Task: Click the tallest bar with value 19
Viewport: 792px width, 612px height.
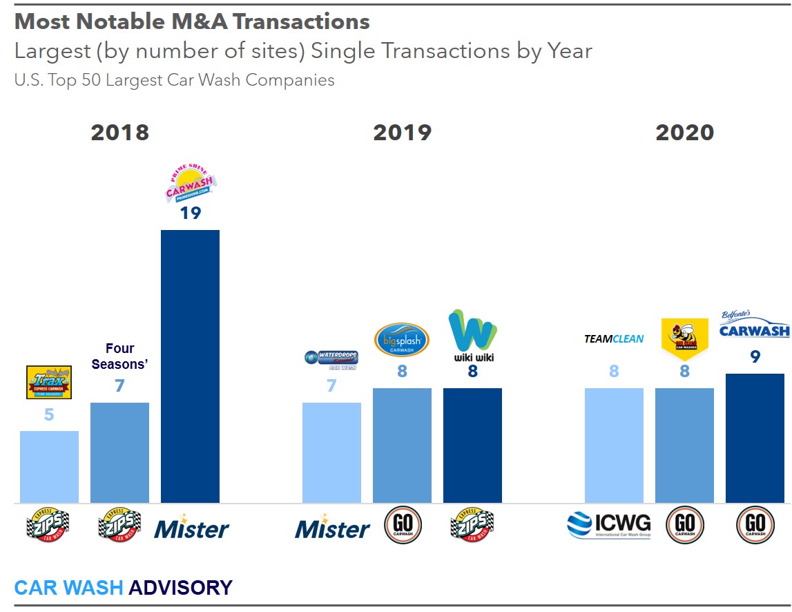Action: click(190, 366)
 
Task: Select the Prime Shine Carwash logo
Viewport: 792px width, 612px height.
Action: click(191, 180)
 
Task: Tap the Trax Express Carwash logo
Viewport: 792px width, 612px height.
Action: click(49, 383)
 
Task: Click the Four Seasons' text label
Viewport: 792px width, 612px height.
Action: click(119, 356)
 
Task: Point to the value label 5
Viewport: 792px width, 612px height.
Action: click(49, 415)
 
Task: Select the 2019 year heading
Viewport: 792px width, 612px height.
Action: click(402, 133)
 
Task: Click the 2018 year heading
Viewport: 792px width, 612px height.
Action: click(119, 133)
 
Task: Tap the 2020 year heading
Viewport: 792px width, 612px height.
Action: click(684, 133)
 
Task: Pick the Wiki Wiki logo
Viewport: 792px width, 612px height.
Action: click(472, 336)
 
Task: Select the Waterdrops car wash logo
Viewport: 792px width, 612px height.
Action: click(331, 359)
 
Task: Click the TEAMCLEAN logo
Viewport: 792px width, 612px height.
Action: click(614, 339)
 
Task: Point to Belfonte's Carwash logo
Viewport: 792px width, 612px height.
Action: click(754, 325)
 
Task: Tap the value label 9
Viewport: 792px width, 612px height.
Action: click(755, 358)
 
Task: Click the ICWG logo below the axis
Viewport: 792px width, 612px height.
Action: click(608, 526)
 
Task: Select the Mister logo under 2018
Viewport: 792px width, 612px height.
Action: click(191, 530)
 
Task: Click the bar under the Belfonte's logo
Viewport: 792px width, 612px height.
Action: click(755, 438)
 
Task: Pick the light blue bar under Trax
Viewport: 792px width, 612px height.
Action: click(49, 467)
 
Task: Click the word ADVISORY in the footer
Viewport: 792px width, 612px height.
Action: click(181, 588)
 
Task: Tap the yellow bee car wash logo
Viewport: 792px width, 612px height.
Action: click(684, 339)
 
